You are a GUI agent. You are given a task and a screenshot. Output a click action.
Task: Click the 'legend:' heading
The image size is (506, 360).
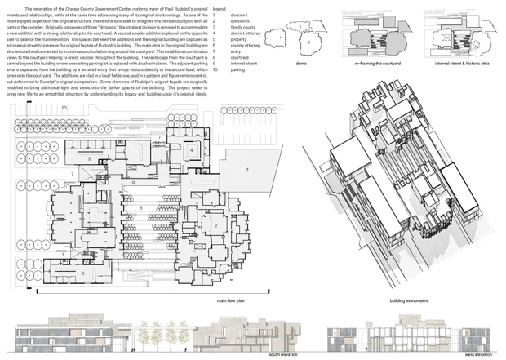(220, 7)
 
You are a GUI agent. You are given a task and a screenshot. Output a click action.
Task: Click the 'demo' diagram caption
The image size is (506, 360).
(300, 63)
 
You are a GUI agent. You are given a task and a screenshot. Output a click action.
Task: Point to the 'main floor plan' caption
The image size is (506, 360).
(233, 300)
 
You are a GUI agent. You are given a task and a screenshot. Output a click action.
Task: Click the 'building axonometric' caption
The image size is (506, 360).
(409, 300)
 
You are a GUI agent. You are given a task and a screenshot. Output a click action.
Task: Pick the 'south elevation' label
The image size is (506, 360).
(283, 356)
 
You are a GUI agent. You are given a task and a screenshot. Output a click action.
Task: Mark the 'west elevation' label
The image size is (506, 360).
(478, 356)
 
